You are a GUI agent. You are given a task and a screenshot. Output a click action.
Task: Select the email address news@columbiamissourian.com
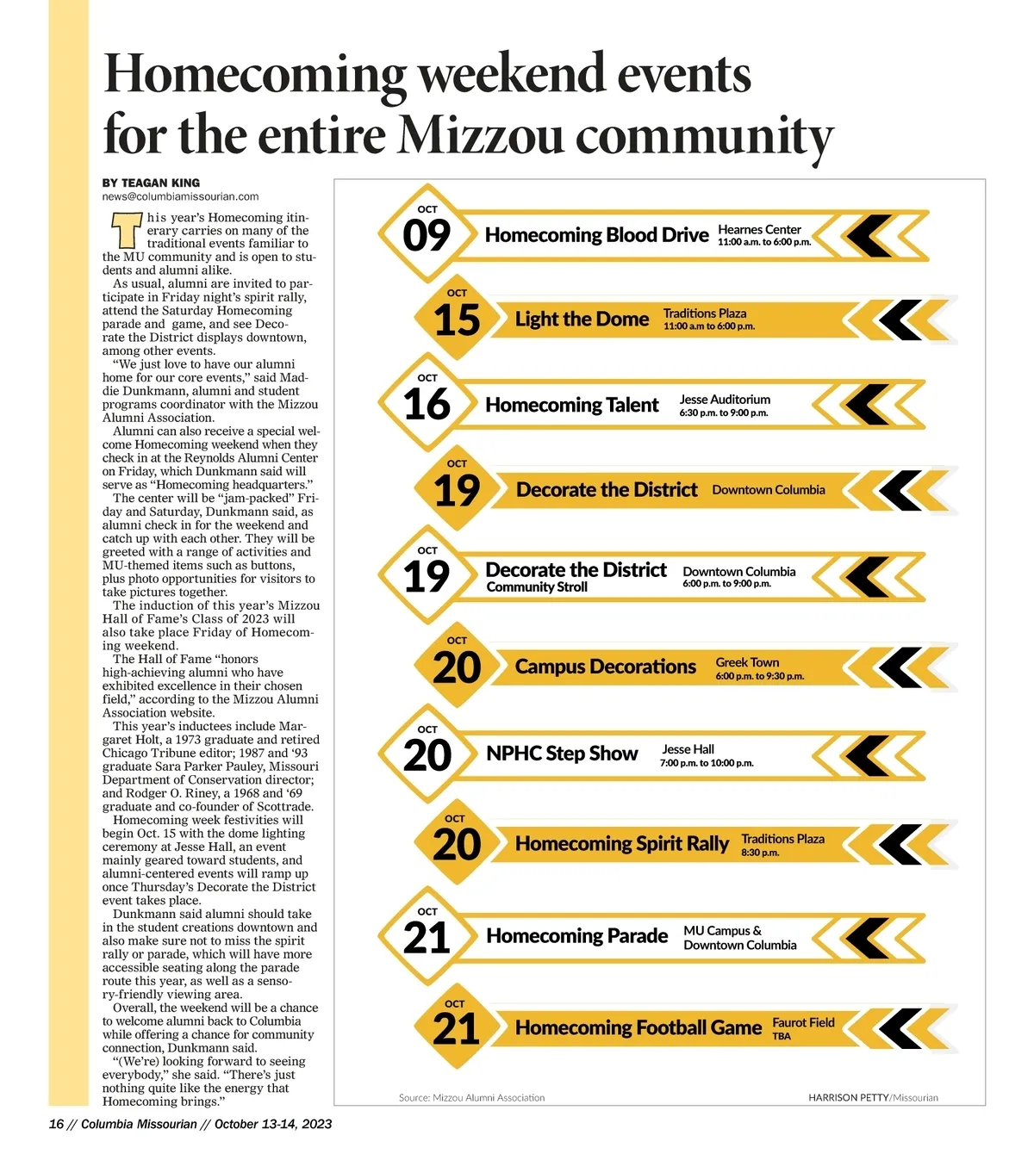(x=180, y=196)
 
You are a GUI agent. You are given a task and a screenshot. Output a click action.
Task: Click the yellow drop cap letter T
(x=126, y=231)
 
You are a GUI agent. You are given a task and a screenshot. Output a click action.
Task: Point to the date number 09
(x=427, y=235)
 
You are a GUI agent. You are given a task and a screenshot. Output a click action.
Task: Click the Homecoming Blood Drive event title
(x=596, y=235)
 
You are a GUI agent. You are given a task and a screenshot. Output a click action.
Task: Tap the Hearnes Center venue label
(x=759, y=229)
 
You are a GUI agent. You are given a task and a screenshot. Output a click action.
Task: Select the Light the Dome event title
(x=582, y=320)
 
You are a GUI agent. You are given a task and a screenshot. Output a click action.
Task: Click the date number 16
(x=427, y=405)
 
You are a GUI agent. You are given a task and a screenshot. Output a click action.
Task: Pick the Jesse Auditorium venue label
(x=725, y=400)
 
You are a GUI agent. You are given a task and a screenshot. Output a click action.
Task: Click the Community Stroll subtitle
(x=537, y=587)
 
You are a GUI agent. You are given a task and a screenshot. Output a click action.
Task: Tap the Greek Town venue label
(x=747, y=662)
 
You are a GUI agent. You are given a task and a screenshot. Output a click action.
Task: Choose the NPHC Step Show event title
(x=562, y=754)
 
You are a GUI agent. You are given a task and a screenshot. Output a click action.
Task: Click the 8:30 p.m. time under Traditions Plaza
(x=760, y=853)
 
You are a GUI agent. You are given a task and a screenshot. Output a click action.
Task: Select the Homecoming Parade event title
(x=576, y=936)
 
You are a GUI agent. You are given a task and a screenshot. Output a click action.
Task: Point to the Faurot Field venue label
(x=803, y=1022)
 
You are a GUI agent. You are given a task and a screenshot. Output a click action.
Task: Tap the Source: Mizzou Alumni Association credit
(x=471, y=1097)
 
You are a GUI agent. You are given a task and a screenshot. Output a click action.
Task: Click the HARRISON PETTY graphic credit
(x=848, y=1097)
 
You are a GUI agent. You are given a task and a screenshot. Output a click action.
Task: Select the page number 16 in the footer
(x=56, y=1124)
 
